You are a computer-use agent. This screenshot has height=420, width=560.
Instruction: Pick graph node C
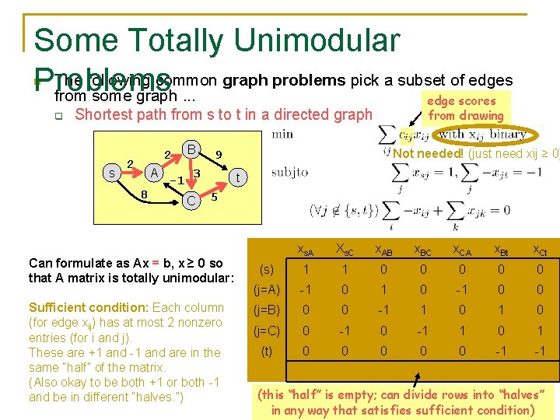click(x=191, y=200)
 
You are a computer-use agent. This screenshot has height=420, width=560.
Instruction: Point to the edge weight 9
click(x=219, y=155)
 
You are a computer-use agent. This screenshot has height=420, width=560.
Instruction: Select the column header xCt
click(x=540, y=249)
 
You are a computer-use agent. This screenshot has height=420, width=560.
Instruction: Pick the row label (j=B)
click(x=267, y=309)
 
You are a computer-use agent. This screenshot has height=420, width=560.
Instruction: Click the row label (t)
click(x=267, y=351)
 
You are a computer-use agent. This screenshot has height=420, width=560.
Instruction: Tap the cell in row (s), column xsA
click(x=306, y=269)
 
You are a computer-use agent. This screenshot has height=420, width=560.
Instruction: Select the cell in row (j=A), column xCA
click(x=463, y=289)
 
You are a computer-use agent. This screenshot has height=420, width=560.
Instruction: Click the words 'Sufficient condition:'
click(x=87, y=308)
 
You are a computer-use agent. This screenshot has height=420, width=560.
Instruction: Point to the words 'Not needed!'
click(x=428, y=153)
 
